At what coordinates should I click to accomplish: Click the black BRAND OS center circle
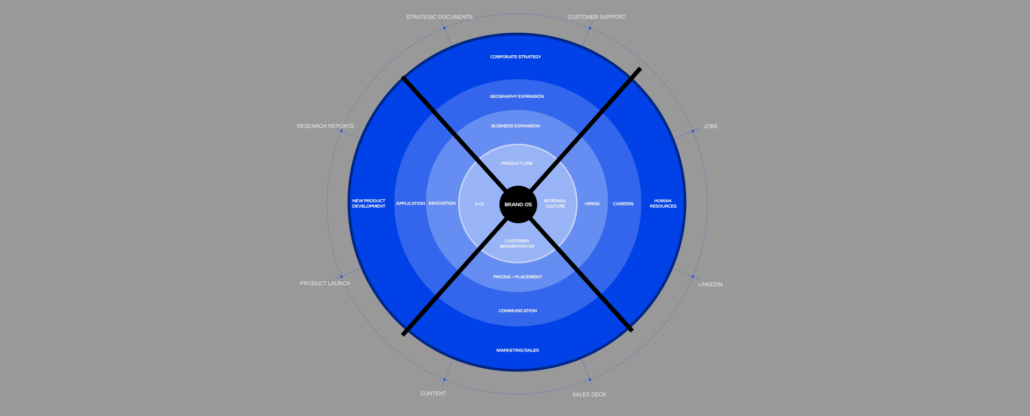click(x=518, y=204)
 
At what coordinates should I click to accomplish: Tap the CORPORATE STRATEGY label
click(x=516, y=57)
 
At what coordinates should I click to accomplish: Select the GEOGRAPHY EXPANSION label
click(x=517, y=97)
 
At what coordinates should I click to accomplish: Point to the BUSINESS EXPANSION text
click(x=516, y=126)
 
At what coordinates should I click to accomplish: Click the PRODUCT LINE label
click(x=517, y=163)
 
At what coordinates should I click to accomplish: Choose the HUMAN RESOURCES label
click(x=663, y=203)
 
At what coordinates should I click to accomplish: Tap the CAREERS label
click(x=623, y=204)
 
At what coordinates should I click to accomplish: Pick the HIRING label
click(x=592, y=204)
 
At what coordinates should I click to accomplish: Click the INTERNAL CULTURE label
click(x=555, y=203)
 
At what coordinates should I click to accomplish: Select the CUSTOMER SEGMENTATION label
click(x=517, y=244)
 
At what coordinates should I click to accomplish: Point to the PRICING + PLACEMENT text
click(x=518, y=277)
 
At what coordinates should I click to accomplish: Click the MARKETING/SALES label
click(x=518, y=351)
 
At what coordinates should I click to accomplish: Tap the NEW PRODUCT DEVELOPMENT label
click(x=369, y=203)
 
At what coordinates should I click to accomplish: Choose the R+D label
click(x=479, y=204)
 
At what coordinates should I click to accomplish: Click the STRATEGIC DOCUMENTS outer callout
click(x=439, y=17)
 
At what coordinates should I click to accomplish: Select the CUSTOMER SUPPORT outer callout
click(x=597, y=17)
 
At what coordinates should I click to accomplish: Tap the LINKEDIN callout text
click(x=710, y=284)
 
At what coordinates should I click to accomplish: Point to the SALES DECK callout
click(x=589, y=395)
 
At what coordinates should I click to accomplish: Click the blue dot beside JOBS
click(x=693, y=131)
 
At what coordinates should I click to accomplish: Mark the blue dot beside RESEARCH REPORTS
click(x=341, y=131)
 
